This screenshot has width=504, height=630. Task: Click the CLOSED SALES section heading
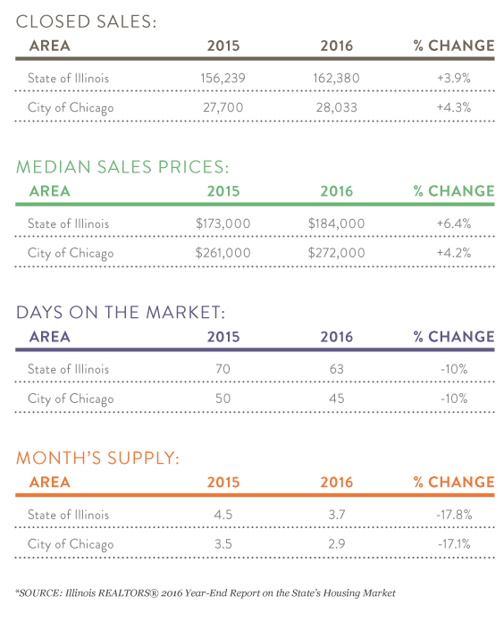click(86, 21)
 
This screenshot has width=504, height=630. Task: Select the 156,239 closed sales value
click(223, 78)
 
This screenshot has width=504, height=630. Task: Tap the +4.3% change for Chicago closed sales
click(454, 107)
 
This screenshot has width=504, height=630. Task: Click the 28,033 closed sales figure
click(336, 107)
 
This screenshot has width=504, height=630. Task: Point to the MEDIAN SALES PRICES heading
click(122, 167)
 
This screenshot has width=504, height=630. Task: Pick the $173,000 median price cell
click(223, 223)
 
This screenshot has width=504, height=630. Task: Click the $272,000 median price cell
click(336, 253)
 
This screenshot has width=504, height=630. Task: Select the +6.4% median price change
click(454, 223)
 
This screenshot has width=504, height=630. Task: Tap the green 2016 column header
click(336, 191)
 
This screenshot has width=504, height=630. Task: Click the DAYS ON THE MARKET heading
click(121, 313)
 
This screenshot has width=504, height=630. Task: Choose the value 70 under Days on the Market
click(223, 369)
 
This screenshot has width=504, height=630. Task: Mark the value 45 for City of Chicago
click(336, 399)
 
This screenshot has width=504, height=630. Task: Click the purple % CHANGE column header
click(454, 337)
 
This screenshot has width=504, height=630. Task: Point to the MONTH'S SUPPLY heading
click(97, 458)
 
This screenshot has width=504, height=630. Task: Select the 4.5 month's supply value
click(223, 515)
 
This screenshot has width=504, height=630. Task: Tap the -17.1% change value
click(454, 543)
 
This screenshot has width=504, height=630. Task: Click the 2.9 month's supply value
click(336, 543)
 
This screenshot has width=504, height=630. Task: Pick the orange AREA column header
click(50, 483)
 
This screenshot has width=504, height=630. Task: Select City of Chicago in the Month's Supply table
click(71, 544)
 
